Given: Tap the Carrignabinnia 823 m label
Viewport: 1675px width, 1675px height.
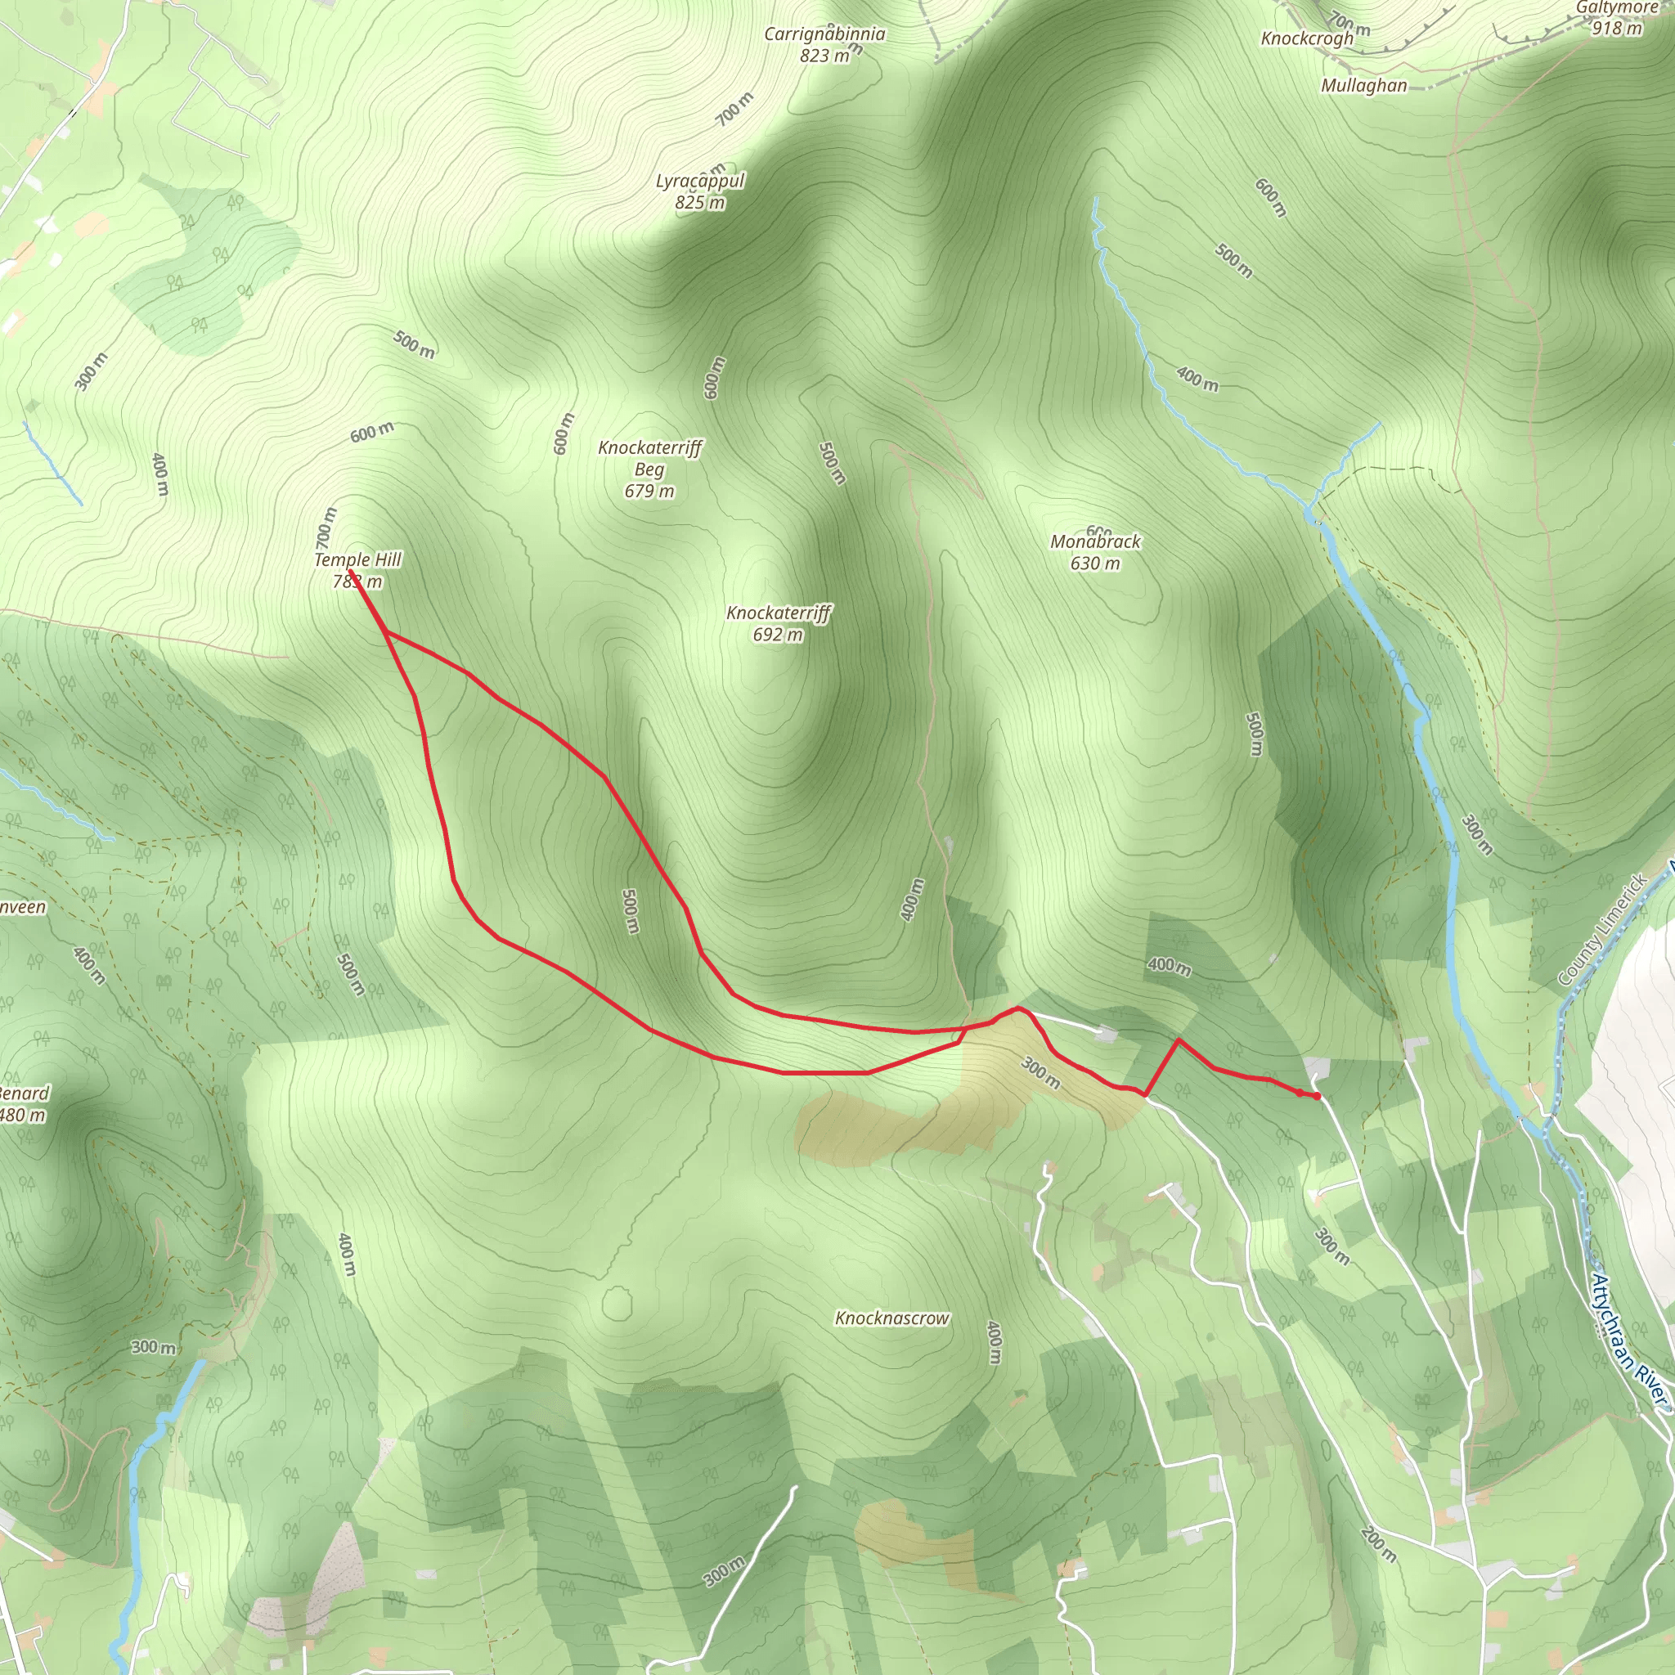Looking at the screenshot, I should [824, 44].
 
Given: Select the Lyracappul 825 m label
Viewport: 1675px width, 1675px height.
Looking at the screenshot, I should [699, 191].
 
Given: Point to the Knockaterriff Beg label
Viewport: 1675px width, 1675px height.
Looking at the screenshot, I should [649, 469].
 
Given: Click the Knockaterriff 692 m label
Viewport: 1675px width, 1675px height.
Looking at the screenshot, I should [779, 623].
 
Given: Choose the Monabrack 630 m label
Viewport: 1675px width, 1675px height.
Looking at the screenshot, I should [1096, 552].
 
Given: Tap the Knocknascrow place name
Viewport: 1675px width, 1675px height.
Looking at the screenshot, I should [892, 1318].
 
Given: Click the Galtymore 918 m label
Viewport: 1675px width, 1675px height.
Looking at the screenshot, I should [1618, 17].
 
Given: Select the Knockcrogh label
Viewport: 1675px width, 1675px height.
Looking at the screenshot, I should [1306, 39].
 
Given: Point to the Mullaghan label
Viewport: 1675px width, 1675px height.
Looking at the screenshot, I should [1363, 86].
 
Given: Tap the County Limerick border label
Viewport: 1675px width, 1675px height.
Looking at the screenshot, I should [1602, 930].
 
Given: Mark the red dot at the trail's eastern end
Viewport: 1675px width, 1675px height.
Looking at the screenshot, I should [1317, 1097].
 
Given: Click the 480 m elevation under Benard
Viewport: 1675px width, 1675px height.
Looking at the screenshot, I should [23, 1115].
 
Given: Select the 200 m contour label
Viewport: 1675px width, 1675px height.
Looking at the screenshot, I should [1377, 1545].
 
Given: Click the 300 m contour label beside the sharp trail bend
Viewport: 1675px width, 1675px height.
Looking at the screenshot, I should [1040, 1072].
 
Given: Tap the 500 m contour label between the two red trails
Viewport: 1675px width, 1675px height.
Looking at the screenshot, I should [631, 911].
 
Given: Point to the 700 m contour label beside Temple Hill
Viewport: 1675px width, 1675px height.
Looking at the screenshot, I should [326, 528].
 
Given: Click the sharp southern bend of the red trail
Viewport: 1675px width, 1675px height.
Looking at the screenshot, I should [1145, 1095].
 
